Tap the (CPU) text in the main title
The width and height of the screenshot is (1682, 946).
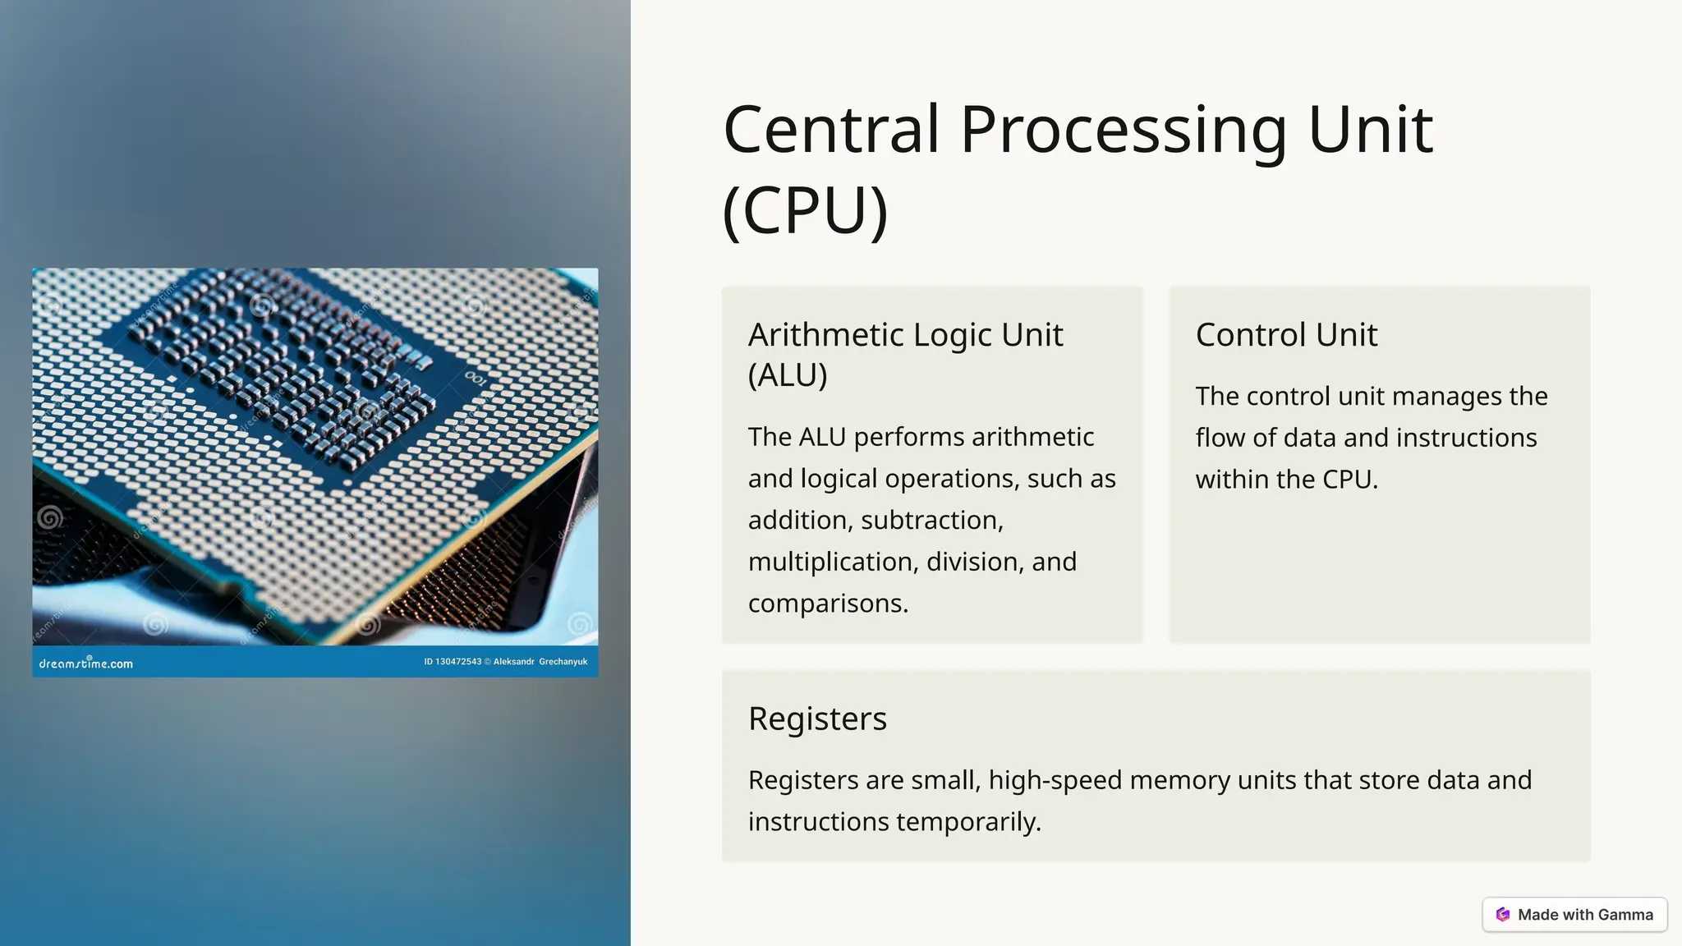click(805, 210)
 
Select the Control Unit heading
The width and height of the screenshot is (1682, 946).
click(1286, 335)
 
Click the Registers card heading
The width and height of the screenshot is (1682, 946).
click(817, 719)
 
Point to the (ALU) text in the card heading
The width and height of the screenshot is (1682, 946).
click(788, 375)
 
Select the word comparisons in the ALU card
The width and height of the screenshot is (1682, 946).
click(828, 604)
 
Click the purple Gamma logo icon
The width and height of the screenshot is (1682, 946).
click(1503, 915)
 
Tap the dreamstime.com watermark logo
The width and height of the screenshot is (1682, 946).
click(86, 663)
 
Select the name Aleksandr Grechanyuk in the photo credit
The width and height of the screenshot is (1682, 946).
click(540, 662)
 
